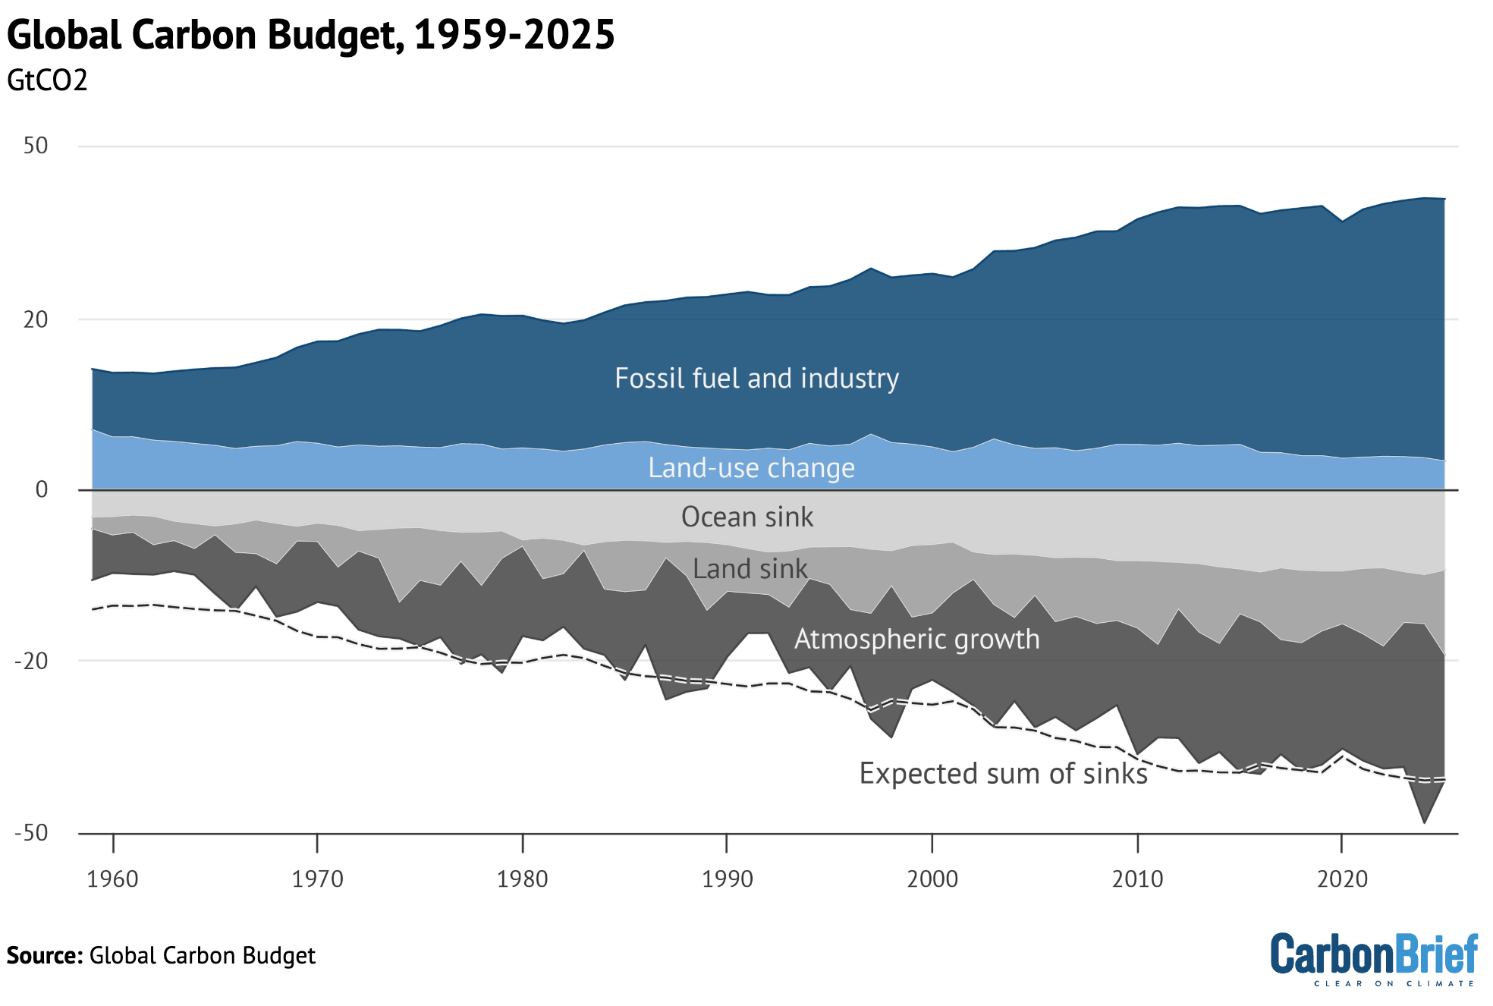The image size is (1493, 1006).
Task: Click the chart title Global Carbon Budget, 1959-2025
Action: point(310,35)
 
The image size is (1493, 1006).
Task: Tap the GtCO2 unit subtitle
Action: point(47,80)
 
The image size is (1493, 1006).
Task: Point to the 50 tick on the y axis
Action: point(36,146)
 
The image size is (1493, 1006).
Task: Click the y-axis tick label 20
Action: point(36,319)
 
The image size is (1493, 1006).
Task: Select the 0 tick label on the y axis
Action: point(42,490)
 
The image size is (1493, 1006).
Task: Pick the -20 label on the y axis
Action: point(32,661)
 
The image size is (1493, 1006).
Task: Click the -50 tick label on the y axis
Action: point(32,833)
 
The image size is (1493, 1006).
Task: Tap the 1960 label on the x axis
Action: point(112,879)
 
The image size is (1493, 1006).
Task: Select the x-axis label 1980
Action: point(522,879)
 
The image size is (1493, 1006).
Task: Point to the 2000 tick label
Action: point(932,879)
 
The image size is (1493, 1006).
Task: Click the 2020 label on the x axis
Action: point(1342,879)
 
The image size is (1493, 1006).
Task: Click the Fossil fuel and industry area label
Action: point(756,378)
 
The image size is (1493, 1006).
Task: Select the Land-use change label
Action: point(751,467)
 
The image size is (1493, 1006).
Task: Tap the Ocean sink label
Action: point(746,517)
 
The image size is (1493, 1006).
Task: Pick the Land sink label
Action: point(750,568)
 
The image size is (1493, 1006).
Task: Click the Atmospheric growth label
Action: point(916,639)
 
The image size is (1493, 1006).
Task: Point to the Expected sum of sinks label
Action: point(1003,773)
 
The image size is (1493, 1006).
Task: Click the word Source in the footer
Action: point(44,955)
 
